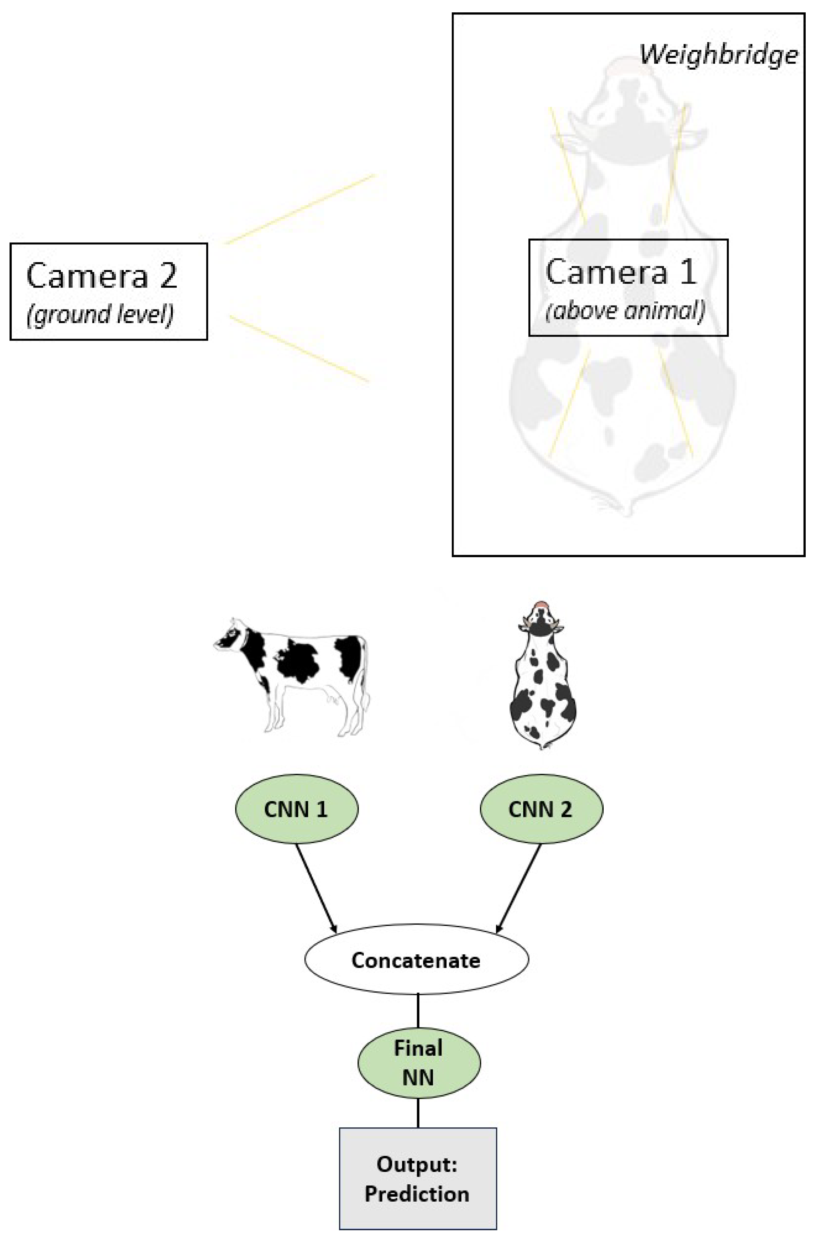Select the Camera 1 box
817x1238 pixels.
pyautogui.click(x=628, y=287)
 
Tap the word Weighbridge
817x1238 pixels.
pyautogui.click(x=718, y=54)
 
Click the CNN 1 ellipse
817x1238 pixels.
pyautogui.click(x=296, y=809)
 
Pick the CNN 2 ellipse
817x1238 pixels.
pyautogui.click(x=541, y=809)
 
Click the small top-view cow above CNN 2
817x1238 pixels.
pyautogui.click(x=542, y=677)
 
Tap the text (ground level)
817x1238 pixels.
pyautogui.click(x=100, y=315)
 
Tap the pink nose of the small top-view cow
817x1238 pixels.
pyautogui.click(x=542, y=605)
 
